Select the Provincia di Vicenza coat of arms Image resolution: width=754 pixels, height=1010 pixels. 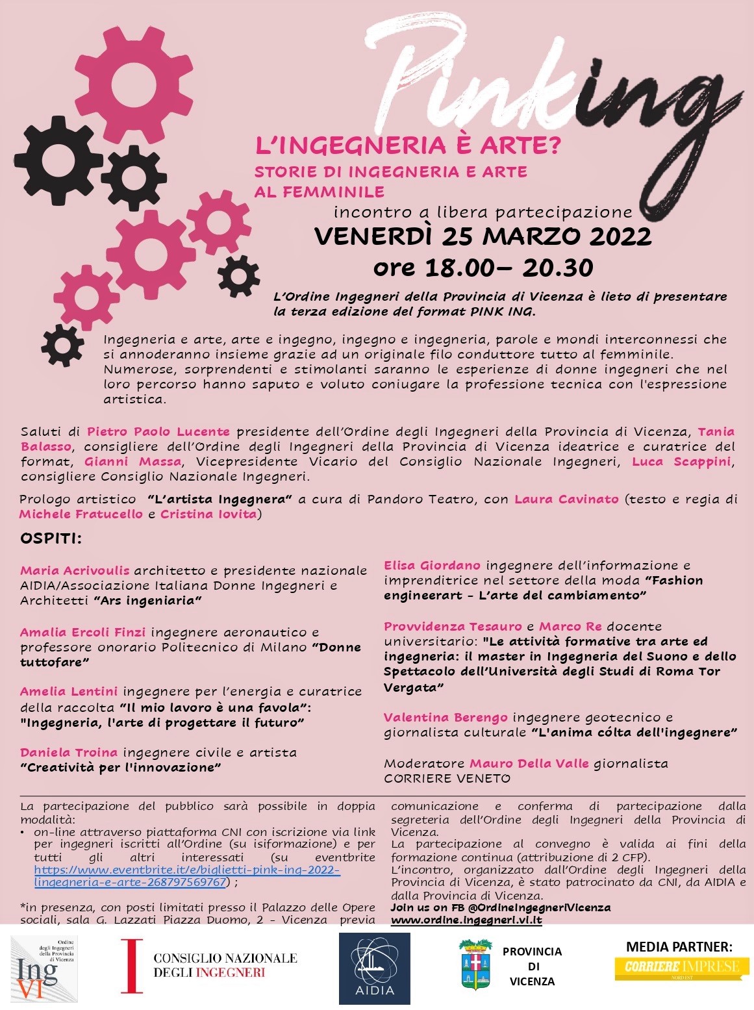coord(475,965)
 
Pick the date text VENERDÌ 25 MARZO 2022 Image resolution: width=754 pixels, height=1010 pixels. coord(483,236)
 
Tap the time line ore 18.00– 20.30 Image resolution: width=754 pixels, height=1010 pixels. coord(483,267)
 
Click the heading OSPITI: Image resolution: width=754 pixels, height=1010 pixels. coord(51,538)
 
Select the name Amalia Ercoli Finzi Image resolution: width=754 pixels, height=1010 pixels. coord(82,632)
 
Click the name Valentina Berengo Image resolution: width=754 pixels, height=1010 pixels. coord(446,717)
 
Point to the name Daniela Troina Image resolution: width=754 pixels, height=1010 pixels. coord(69,752)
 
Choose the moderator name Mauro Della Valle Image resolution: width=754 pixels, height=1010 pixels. coord(529,763)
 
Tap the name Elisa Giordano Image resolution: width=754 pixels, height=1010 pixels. coord(432,565)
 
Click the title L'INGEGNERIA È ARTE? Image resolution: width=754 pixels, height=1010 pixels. coord(407,145)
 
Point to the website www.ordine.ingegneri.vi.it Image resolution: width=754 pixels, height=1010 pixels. coord(466,920)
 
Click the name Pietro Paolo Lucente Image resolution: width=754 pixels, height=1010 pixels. coord(158,431)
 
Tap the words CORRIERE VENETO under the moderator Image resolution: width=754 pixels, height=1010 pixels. coord(447,778)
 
